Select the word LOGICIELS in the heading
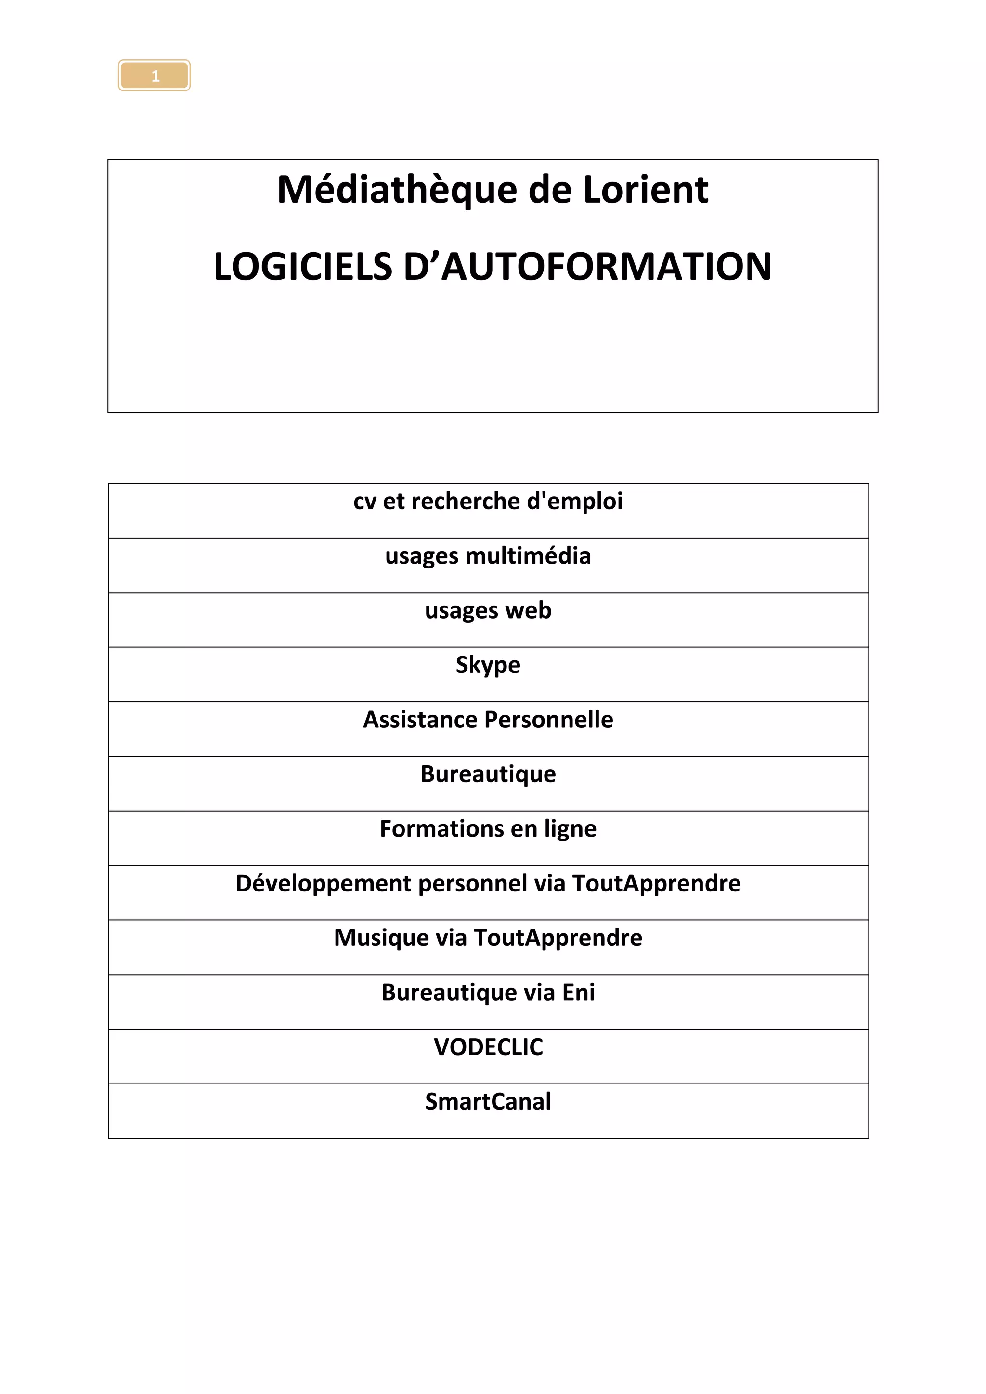[303, 267]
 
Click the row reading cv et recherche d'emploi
[488, 502]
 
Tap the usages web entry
[488, 611]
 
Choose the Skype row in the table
[488, 665]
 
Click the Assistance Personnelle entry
[488, 720]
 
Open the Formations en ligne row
[488, 829]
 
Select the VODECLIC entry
[488, 1047]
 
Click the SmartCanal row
[488, 1102]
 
